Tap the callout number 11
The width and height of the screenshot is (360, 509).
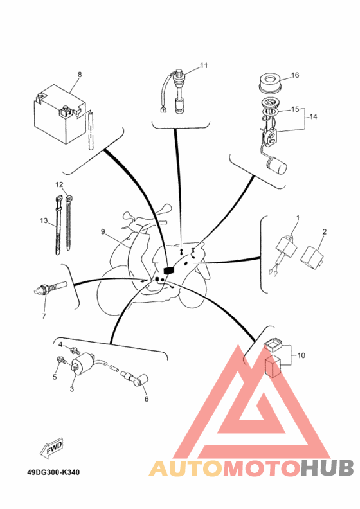pyautogui.click(x=204, y=66)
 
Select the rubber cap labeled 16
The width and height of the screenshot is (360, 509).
pyautogui.click(x=270, y=83)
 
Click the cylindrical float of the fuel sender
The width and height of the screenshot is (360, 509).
pyautogui.click(x=276, y=165)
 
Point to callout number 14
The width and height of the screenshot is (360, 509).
pyautogui.click(x=313, y=116)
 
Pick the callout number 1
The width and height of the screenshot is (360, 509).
pyautogui.click(x=298, y=217)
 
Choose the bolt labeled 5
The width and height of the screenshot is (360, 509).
pyautogui.click(x=61, y=360)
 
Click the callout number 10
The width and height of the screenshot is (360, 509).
pyautogui.click(x=301, y=355)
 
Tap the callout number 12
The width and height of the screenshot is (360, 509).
pyautogui.click(x=59, y=184)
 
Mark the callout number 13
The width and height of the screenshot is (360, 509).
pyautogui.click(x=44, y=220)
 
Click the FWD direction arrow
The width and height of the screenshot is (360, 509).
pyautogui.click(x=51, y=449)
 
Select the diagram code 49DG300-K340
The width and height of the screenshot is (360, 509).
pyautogui.click(x=53, y=472)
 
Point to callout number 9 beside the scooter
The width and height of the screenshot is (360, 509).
pyautogui.click(x=103, y=231)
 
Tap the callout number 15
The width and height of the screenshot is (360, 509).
pyautogui.click(x=295, y=109)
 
